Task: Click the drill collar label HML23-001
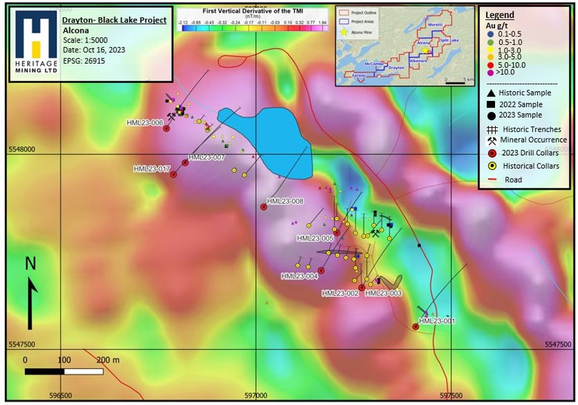click(437, 321)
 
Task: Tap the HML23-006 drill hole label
click(145, 123)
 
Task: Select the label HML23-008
click(285, 201)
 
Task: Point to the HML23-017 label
click(152, 169)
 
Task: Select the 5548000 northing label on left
click(22, 148)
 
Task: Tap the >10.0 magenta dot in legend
click(491, 73)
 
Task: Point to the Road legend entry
click(513, 180)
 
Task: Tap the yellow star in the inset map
click(425, 50)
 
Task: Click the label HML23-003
click(383, 293)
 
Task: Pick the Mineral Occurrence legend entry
click(534, 140)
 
